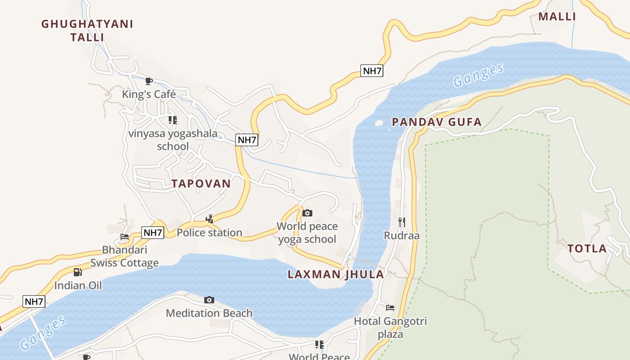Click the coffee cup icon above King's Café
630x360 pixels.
coord(149,81)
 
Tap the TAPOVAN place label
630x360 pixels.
coord(201,184)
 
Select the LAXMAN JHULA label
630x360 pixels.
coord(336,274)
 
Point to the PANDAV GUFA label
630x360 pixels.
coord(436,122)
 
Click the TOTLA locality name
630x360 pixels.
coord(587,248)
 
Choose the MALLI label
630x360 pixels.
coord(557,17)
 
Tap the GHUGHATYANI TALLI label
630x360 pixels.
coord(87,31)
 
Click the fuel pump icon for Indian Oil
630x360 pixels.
coord(78,272)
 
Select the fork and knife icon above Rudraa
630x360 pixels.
coord(402,222)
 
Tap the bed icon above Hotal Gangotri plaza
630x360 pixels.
coord(390,308)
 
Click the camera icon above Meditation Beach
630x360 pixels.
coord(209,300)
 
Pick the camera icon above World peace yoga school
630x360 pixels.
coord(307,213)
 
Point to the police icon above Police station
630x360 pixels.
coord(209,219)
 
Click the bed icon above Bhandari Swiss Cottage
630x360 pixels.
coord(125,236)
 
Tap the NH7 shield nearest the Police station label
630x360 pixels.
coord(153,233)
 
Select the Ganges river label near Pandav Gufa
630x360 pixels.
coord(478,76)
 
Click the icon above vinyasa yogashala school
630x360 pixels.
coord(173,120)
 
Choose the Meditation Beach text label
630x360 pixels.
coord(209,313)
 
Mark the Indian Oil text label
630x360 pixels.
coord(78,285)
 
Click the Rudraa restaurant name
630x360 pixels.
coord(401,235)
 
